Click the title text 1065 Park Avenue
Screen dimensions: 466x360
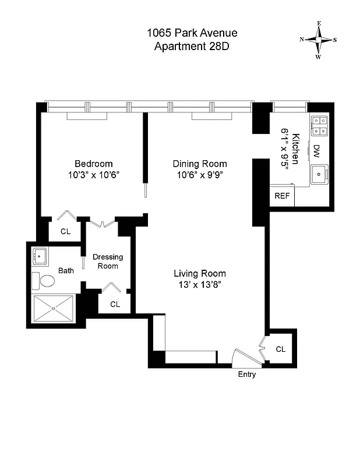(192, 33)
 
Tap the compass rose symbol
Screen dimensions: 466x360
(318, 40)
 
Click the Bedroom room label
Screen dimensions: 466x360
(93, 164)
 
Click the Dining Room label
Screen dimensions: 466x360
(200, 164)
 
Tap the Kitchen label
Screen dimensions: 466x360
(296, 149)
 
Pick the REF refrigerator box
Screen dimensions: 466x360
(282, 196)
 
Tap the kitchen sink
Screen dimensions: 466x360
(319, 174)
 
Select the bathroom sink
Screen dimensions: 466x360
(41, 255)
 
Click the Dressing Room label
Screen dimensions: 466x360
(108, 261)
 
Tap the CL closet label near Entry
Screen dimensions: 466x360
(281, 349)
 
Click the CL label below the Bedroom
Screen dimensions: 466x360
(66, 231)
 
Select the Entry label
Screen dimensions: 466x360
(247, 375)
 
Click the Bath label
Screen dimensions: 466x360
(66, 270)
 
